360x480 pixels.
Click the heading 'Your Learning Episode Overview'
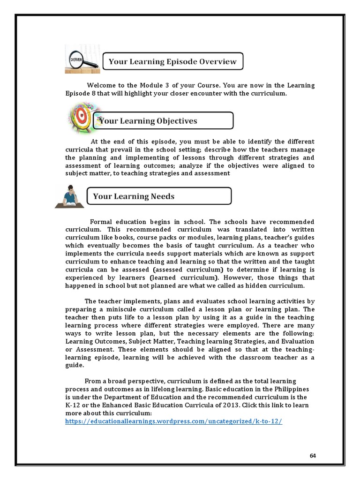pyautogui.click(x=173, y=61)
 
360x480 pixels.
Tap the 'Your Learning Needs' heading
pyautogui.click(x=159, y=196)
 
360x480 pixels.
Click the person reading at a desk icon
pyautogui.click(x=70, y=196)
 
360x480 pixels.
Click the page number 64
pyautogui.click(x=313, y=456)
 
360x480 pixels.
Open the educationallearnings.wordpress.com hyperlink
pyautogui.click(x=174, y=421)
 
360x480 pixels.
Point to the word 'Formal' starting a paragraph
pyautogui.click(x=101, y=221)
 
